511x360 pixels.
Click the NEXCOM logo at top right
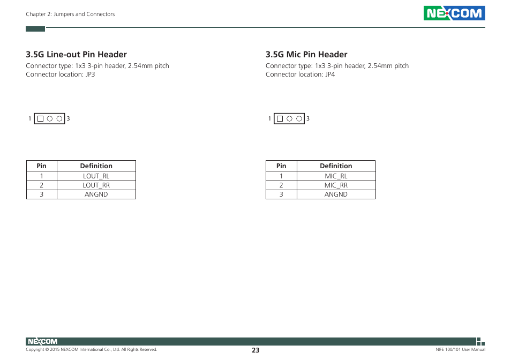click(454, 13)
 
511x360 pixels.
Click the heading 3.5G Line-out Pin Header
click(76, 55)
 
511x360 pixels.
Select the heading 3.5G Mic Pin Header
click(306, 55)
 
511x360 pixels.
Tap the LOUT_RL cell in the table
click(96, 176)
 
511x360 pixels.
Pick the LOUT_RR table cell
click(96, 185)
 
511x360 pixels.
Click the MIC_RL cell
click(336, 176)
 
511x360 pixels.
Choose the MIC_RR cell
click(336, 185)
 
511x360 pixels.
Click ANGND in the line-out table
click(96, 194)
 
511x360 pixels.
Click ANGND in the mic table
click(336, 194)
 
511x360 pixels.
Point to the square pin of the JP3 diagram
click(40, 119)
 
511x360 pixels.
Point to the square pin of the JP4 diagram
click(280, 119)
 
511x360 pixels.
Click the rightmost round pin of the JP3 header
click(59, 119)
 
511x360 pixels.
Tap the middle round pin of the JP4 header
click(289, 119)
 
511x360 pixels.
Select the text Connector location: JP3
click(61, 74)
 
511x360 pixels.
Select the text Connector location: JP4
click(300, 74)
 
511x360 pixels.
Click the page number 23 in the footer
click(255, 350)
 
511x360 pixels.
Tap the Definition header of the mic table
click(336, 166)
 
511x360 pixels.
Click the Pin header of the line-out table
click(42, 166)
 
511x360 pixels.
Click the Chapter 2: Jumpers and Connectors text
click(70, 14)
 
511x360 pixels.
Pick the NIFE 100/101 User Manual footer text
click(460, 350)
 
